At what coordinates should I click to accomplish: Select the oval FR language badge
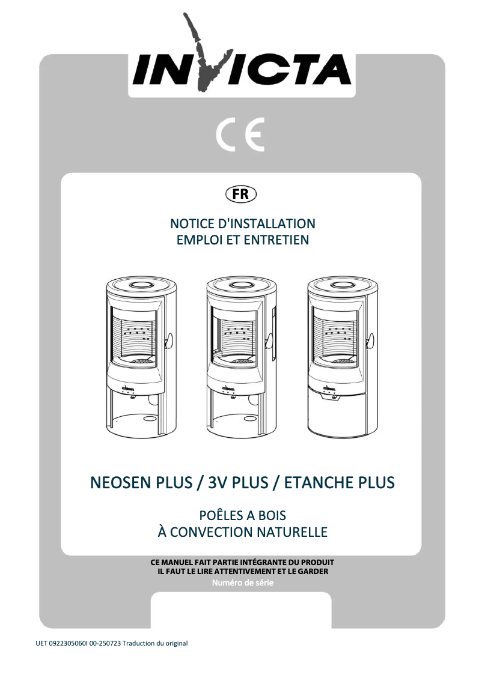240,195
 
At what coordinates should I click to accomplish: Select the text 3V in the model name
215,483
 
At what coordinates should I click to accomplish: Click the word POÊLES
221,515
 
